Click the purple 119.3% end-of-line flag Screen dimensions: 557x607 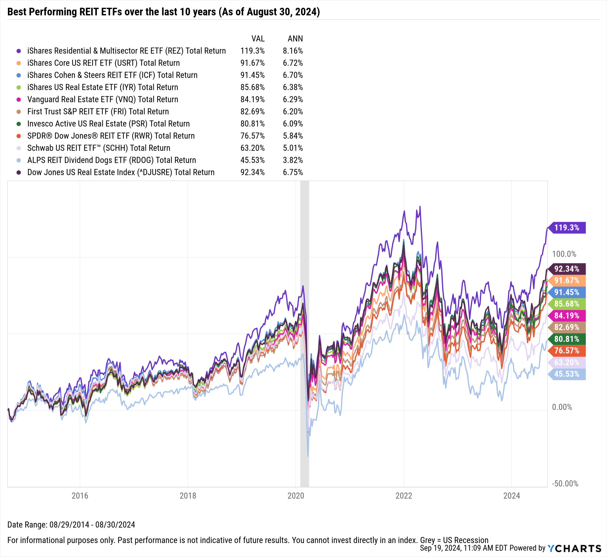pyautogui.click(x=566, y=227)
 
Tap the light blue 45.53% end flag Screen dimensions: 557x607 pyautogui.click(x=566, y=374)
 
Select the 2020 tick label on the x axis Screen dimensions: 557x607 pyautogui.click(x=296, y=496)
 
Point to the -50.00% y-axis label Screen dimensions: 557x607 pyautogui.click(x=565, y=484)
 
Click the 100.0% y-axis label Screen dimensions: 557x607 pyautogui.click(x=564, y=254)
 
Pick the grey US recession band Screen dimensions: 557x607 pyautogui.click(x=304, y=334)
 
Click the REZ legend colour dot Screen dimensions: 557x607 pyautogui.click(x=19, y=51)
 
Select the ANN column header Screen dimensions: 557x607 pyautogui.click(x=295, y=39)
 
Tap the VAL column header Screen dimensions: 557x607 pyautogui.click(x=258, y=39)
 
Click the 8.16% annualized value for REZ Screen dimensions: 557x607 pyautogui.click(x=293, y=51)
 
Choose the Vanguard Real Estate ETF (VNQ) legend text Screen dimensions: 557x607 pyautogui.click(x=103, y=99)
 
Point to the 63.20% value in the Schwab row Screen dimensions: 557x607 pyautogui.click(x=252, y=148)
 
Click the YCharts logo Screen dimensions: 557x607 pyautogui.click(x=574, y=548)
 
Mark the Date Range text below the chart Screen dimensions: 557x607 pyautogui.click(x=71, y=525)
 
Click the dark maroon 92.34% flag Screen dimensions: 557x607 pyautogui.click(x=566, y=269)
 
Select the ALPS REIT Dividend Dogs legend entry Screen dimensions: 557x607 pyautogui.click(x=111, y=160)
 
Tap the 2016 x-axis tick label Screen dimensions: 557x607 pyautogui.click(x=80, y=496)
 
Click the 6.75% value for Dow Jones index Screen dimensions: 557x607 pyautogui.click(x=293, y=172)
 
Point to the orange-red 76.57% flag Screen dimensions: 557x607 pyautogui.click(x=566, y=350)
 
